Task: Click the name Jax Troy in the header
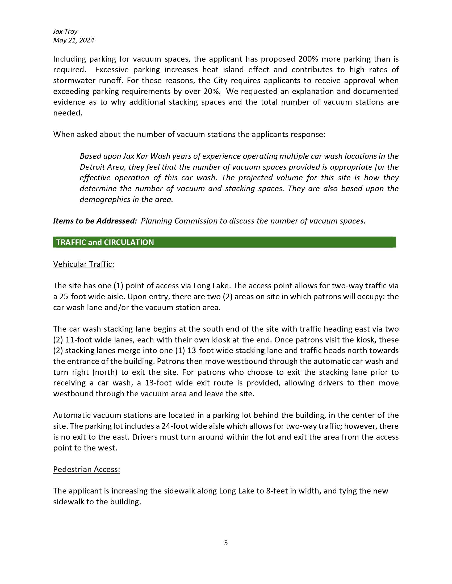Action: click(x=65, y=32)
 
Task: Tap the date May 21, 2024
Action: click(x=74, y=40)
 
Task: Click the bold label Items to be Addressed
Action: click(x=95, y=221)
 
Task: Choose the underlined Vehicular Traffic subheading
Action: click(x=83, y=264)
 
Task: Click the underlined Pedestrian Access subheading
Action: click(x=86, y=469)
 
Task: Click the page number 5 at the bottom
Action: click(x=226, y=543)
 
